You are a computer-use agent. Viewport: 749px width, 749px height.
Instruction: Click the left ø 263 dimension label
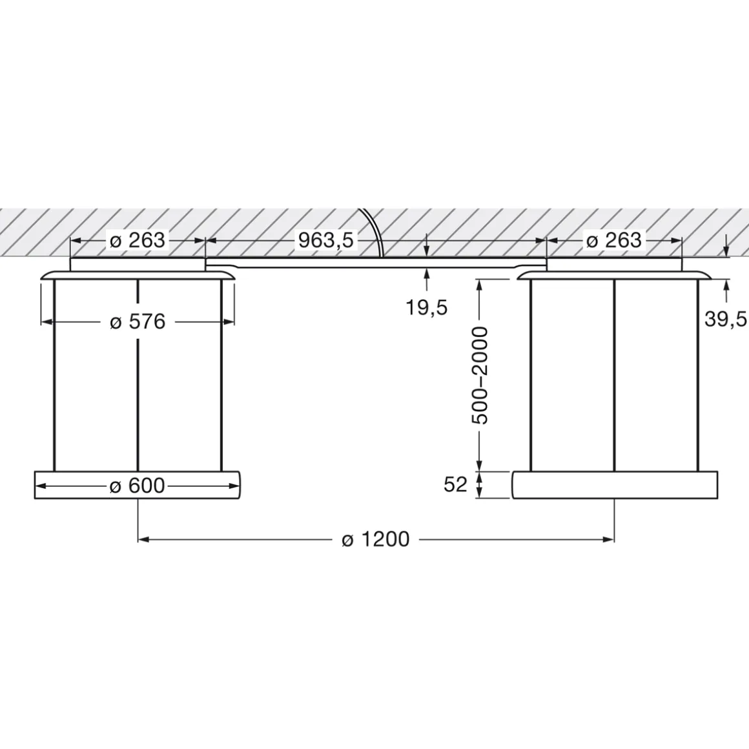pos(138,240)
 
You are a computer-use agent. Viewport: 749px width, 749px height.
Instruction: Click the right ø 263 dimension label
pos(613,240)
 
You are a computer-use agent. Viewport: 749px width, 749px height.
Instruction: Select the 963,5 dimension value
pos(326,240)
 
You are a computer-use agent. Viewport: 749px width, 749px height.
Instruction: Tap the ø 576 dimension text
pos(138,321)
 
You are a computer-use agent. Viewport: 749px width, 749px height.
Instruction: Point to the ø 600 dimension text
pos(138,486)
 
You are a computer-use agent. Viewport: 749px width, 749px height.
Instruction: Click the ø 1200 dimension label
pos(375,539)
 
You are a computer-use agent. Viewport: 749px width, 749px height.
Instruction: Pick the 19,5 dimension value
pos(426,307)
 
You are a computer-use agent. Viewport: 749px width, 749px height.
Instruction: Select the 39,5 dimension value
pos(726,318)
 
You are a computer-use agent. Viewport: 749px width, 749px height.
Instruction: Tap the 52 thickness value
pos(455,484)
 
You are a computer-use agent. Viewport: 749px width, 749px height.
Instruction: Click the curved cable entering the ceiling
pos(375,229)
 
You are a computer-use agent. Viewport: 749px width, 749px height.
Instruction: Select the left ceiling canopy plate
pos(138,264)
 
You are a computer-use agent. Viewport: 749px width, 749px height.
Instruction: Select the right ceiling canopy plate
pos(613,264)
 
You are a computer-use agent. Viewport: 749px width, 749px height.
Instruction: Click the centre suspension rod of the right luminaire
pos(614,374)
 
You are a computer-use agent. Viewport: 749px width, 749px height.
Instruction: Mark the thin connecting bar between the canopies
pos(375,262)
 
